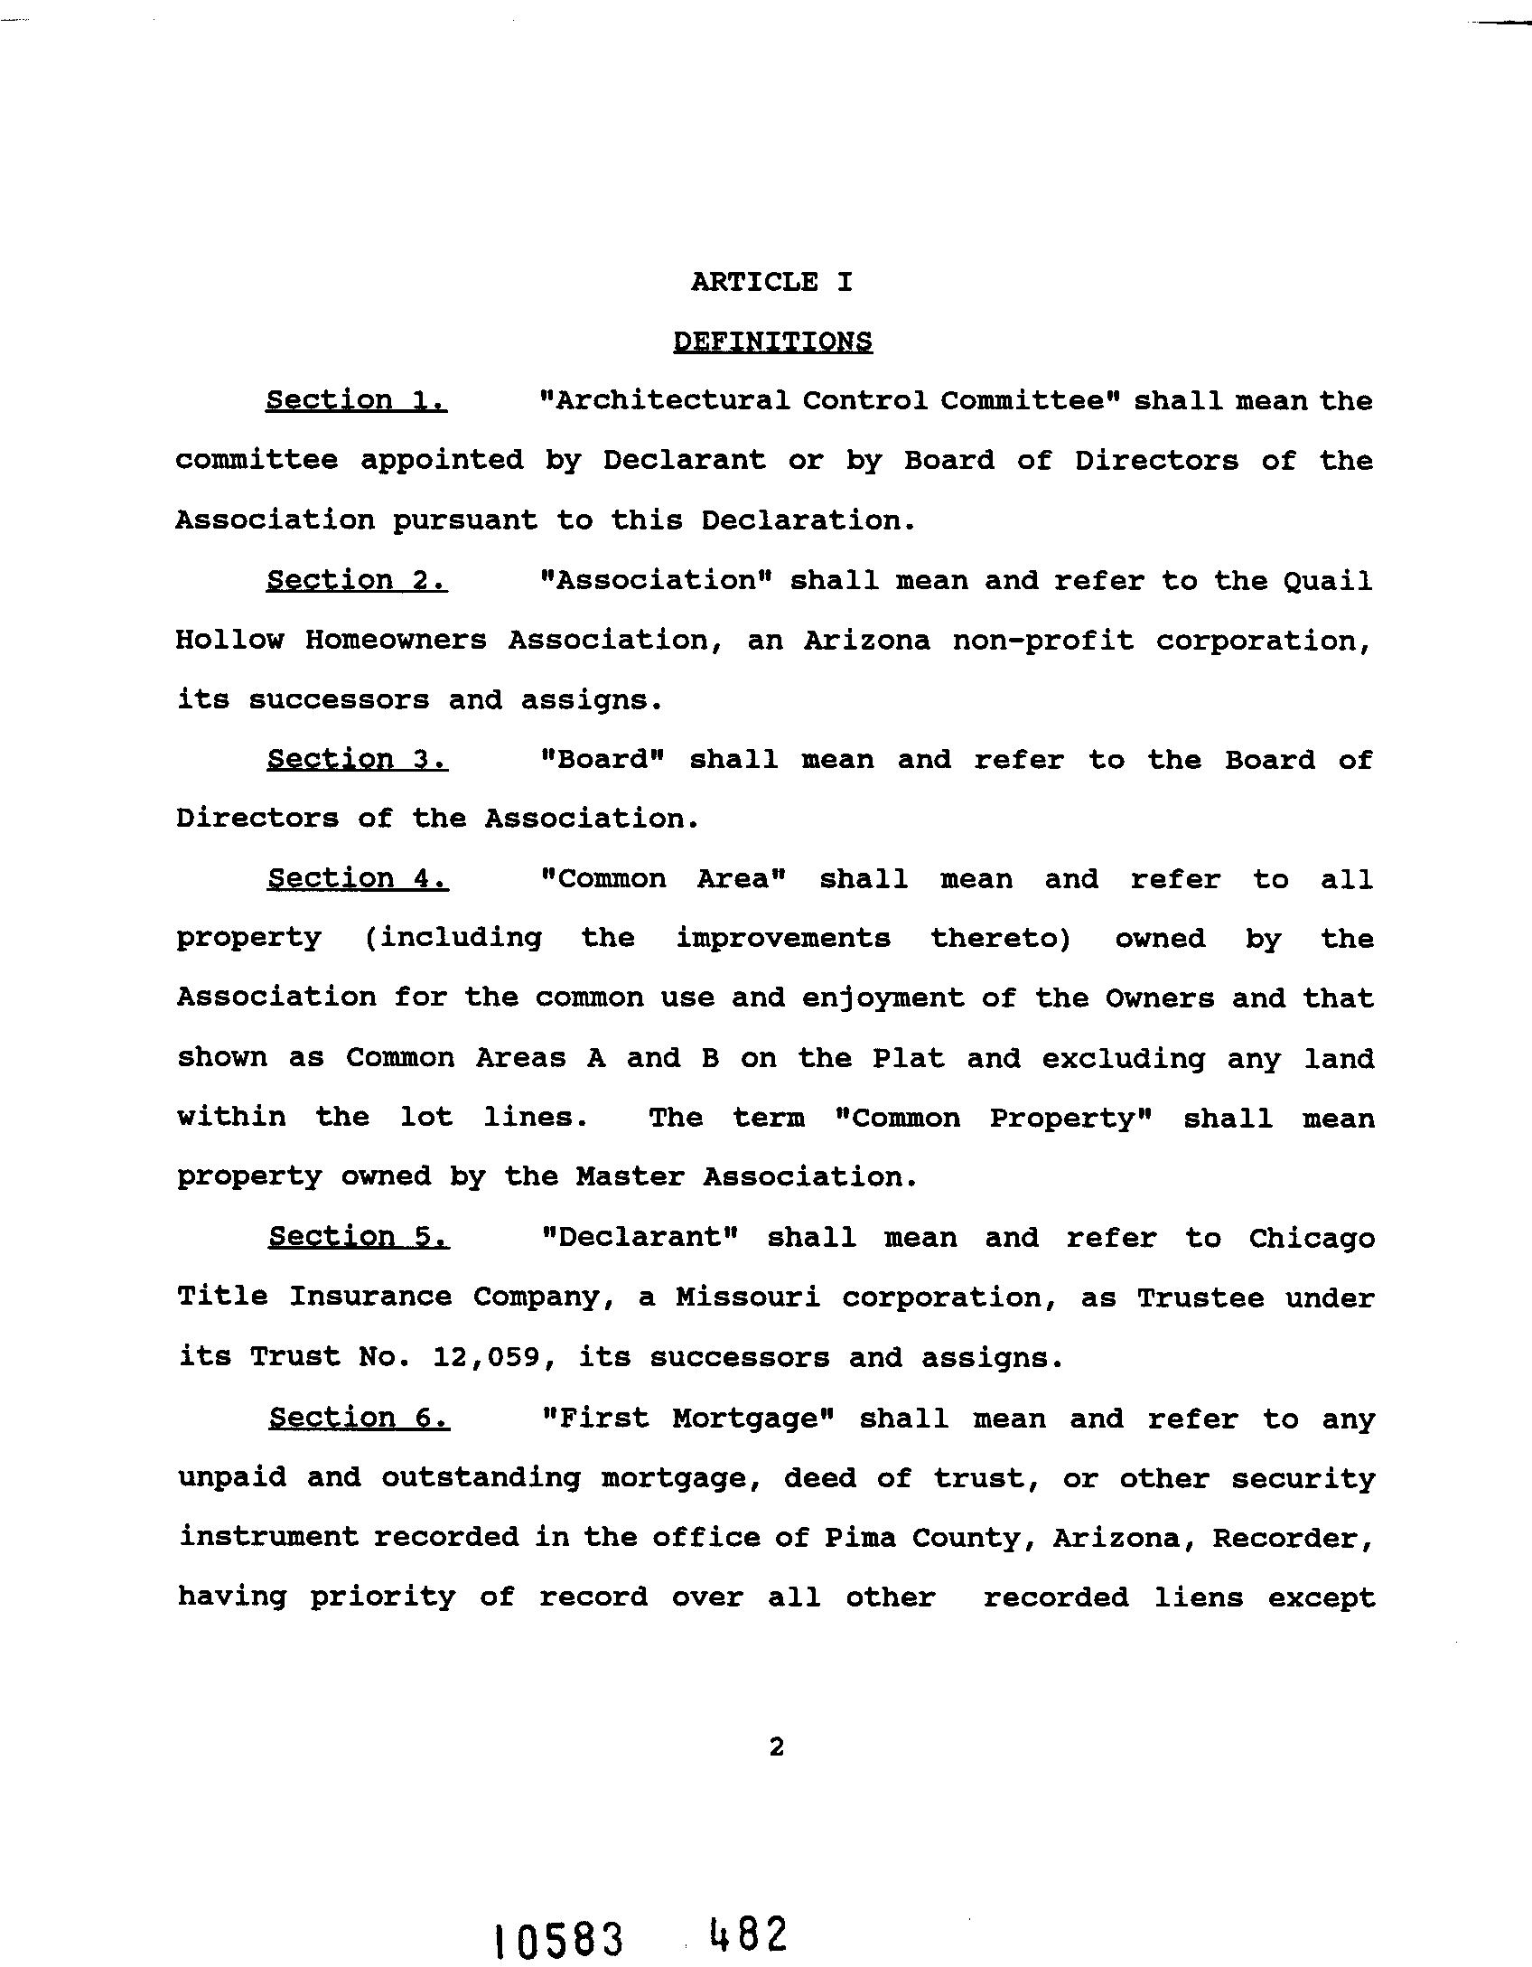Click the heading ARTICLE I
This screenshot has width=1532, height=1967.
[x=771, y=282]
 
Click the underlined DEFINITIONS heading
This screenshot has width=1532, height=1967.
[x=772, y=342]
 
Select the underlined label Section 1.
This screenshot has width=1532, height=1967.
[x=356, y=400]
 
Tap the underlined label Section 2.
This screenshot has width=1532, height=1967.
[x=357, y=580]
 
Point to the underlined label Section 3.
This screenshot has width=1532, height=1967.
[x=357, y=760]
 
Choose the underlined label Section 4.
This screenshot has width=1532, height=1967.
[x=358, y=878]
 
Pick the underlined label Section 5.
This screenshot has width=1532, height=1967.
[x=359, y=1237]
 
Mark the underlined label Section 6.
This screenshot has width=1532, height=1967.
[x=359, y=1419]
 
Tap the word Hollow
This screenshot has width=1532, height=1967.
[x=229, y=641]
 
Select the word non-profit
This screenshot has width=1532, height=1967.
[x=1043, y=641]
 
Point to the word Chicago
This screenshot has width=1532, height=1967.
[x=1312, y=1238]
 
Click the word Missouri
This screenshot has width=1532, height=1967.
[x=748, y=1297]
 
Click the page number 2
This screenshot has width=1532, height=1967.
[x=776, y=1748]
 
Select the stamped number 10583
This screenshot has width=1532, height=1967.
[x=560, y=1937]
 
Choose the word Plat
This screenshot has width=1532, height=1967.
[x=908, y=1058]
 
